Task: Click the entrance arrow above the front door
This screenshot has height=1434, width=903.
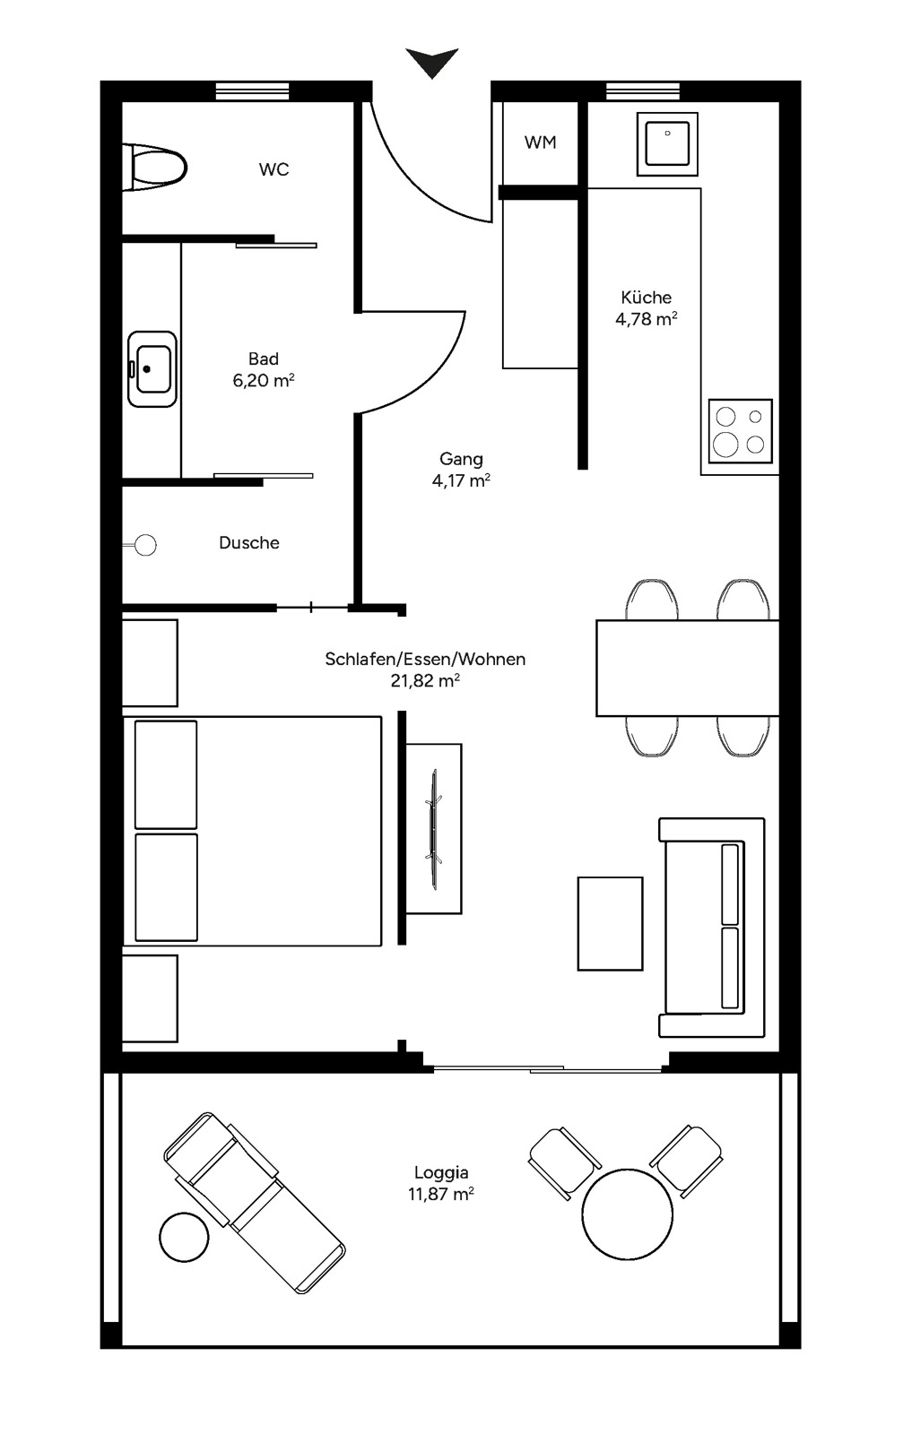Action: [x=432, y=63]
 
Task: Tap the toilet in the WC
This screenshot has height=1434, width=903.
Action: [x=157, y=167]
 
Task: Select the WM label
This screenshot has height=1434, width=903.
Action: [x=540, y=143]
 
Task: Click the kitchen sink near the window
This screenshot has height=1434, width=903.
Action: [x=667, y=144]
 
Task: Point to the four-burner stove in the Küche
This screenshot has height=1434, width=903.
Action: [x=740, y=430]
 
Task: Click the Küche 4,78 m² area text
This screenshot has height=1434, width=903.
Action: [x=646, y=308]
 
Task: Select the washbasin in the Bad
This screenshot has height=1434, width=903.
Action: [x=152, y=367]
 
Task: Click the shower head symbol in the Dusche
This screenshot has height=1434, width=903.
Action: [x=144, y=544]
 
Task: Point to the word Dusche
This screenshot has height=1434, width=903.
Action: [x=249, y=543]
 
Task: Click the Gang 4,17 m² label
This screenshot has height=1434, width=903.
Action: [x=461, y=470]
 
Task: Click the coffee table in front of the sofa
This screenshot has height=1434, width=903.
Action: [x=610, y=923]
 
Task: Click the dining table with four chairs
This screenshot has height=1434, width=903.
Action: [x=687, y=668]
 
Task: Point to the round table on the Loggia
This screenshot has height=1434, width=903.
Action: [x=627, y=1214]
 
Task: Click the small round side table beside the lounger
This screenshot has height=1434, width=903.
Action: [x=184, y=1237]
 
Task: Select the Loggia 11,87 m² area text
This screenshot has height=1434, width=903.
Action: [x=441, y=1183]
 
